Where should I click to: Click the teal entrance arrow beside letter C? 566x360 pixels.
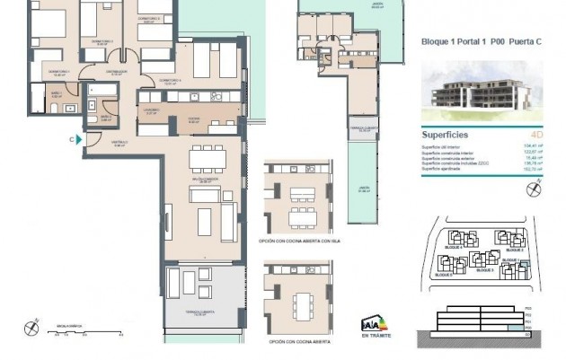[x=80, y=139]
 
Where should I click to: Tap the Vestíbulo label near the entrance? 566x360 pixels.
[x=120, y=142]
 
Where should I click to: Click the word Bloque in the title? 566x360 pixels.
[x=435, y=40]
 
